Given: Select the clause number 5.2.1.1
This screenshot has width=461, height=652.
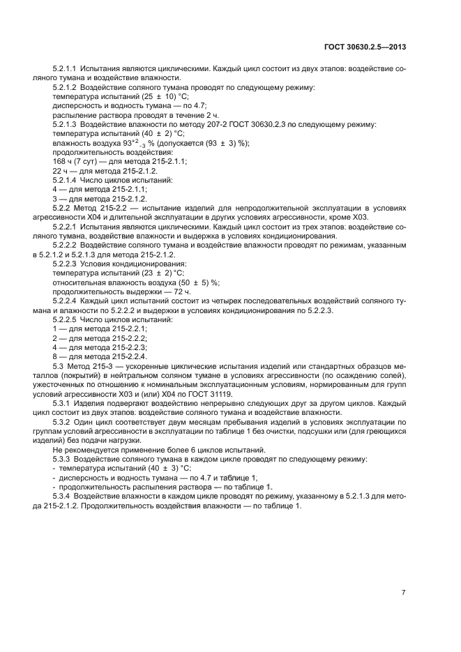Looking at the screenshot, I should (65, 70).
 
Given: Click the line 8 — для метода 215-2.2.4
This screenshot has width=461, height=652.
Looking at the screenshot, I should (100, 356).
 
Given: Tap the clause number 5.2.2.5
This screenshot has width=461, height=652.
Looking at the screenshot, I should (65, 319).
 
